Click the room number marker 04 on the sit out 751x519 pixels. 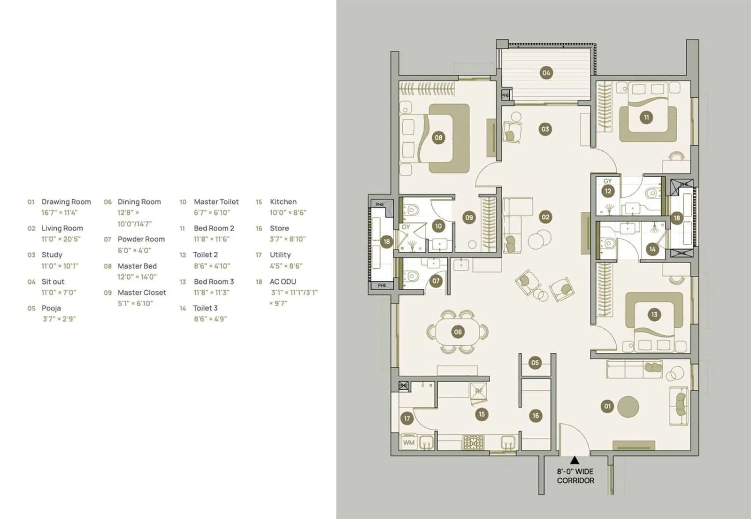pyautogui.click(x=546, y=73)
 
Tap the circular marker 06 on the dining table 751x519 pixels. pyautogui.click(x=458, y=332)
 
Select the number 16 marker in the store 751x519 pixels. pyautogui.click(x=536, y=416)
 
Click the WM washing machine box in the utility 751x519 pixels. pyautogui.click(x=409, y=442)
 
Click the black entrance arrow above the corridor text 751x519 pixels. pyautogui.click(x=575, y=460)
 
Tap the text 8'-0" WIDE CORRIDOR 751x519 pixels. pyautogui.click(x=575, y=476)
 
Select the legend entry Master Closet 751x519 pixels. pyautogui.click(x=142, y=293)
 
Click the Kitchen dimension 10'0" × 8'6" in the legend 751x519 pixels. pyautogui.click(x=288, y=213)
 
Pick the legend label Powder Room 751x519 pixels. pyautogui.click(x=141, y=239)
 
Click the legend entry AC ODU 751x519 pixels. pyautogui.click(x=283, y=282)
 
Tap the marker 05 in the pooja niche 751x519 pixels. pyautogui.click(x=535, y=363)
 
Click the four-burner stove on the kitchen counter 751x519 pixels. pyautogui.click(x=473, y=442)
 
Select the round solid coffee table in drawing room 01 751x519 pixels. pyautogui.click(x=628, y=407)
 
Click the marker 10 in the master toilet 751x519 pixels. pyautogui.click(x=438, y=226)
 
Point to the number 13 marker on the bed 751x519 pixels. pyautogui.click(x=654, y=315)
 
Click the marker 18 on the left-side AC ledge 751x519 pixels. pyautogui.click(x=386, y=242)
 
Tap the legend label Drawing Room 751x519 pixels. pyautogui.click(x=66, y=202)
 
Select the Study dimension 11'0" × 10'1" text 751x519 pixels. pyautogui.click(x=60, y=266)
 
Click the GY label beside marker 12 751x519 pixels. pyautogui.click(x=607, y=181)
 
